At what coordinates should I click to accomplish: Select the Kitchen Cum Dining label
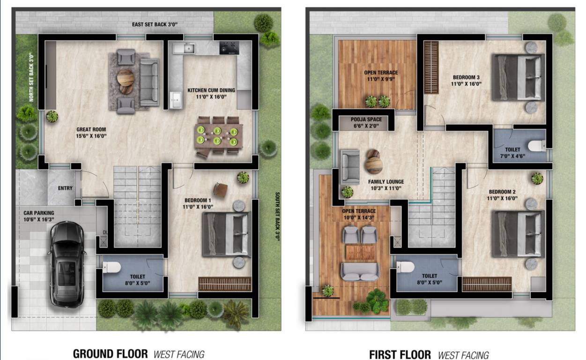point(211,94)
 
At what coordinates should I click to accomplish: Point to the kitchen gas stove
point(229,47)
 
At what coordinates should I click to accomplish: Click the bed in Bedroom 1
point(226,234)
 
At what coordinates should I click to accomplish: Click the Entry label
point(65,188)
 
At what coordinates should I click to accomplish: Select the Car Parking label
point(39,216)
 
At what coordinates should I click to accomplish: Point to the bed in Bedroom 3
point(517,77)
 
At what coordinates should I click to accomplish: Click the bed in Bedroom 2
point(517,234)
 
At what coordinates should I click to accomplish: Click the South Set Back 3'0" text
point(277,216)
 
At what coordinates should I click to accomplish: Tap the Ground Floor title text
point(110,354)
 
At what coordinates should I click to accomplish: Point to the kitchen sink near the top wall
point(189,47)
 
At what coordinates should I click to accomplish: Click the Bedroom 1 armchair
point(221,190)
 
